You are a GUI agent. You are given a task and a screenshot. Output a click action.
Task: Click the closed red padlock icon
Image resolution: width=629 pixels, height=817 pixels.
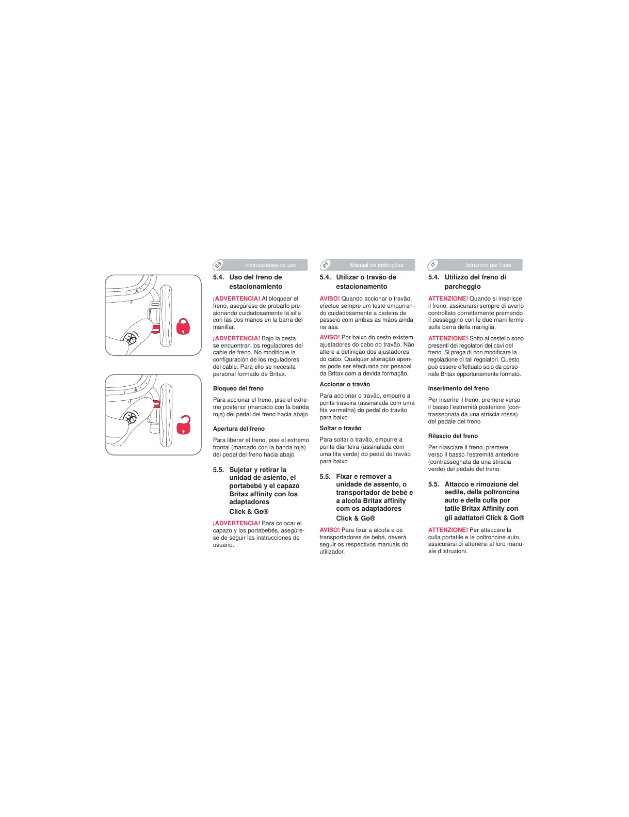(183, 326)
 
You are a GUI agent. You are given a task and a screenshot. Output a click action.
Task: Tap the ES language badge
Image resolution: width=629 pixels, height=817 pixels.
(218, 265)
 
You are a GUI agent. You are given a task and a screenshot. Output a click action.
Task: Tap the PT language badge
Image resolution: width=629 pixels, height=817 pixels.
(326, 265)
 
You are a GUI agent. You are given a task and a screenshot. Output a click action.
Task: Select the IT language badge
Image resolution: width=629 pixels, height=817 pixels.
(433, 265)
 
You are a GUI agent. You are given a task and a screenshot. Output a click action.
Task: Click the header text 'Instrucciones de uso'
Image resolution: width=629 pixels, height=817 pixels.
(270, 265)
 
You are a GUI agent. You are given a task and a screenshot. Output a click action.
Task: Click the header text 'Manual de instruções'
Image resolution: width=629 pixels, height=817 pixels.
(377, 265)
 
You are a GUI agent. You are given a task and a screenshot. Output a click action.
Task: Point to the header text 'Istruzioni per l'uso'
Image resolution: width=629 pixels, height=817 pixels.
(488, 265)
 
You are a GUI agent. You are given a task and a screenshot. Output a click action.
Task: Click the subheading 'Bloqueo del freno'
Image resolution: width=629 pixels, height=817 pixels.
(238, 388)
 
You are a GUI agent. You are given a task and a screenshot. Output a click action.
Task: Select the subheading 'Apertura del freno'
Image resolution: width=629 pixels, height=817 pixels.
(239, 429)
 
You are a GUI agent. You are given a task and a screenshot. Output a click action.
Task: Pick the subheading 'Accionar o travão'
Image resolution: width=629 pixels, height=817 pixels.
(345, 384)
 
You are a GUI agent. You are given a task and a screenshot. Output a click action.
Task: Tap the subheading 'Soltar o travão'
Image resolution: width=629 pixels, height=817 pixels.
(341, 428)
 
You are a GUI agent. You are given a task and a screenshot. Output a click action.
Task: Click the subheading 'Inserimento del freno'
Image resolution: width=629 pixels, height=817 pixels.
(458, 388)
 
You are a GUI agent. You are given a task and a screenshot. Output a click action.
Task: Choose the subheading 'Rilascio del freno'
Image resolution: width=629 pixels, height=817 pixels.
(453, 436)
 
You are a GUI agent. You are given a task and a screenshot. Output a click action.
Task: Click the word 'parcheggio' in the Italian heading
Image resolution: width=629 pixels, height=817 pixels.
(462, 287)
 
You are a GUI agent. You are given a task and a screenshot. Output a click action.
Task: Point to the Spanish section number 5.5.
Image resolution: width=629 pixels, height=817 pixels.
(218, 470)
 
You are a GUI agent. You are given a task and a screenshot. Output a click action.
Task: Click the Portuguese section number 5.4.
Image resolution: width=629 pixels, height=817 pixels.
(325, 277)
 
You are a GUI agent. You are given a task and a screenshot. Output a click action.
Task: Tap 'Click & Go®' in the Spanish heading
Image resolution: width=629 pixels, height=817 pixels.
(249, 512)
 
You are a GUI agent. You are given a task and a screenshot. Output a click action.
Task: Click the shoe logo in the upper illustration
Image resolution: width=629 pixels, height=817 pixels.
(131, 339)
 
